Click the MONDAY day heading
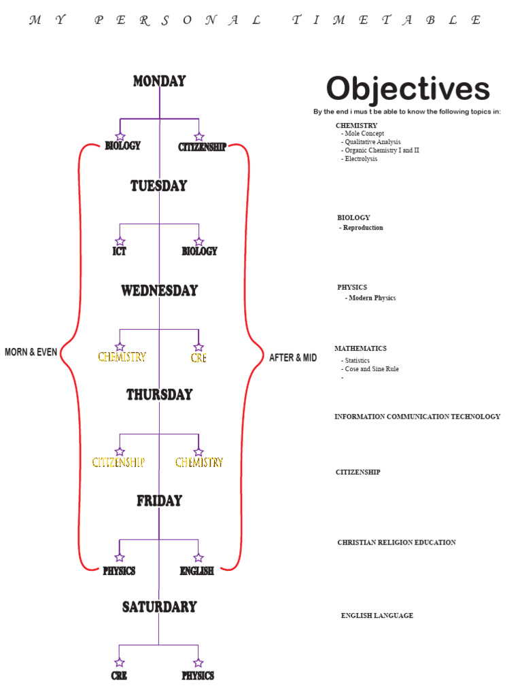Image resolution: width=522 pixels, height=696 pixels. point(159,82)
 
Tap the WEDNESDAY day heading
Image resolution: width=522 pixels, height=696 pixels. point(159,291)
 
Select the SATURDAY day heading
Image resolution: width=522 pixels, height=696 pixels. point(159,607)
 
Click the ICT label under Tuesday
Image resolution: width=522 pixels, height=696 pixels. point(120,251)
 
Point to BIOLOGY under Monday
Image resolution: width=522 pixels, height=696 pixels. point(122,146)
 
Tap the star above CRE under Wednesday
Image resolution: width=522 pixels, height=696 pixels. point(198,347)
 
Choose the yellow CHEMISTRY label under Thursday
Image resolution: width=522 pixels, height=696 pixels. point(198,463)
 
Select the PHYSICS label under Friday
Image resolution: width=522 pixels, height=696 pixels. point(119,571)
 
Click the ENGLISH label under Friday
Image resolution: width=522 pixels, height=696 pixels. point(197,571)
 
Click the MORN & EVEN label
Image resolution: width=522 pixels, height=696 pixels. point(31,353)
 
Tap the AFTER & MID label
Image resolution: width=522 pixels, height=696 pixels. point(293,358)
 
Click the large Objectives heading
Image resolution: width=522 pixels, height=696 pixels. point(407,89)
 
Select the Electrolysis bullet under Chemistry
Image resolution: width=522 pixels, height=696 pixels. point(362,159)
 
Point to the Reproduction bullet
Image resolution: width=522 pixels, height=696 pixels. point(362,228)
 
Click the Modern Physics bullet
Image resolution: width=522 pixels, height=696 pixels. point(371,298)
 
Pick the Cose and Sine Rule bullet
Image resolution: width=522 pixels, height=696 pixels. point(371,369)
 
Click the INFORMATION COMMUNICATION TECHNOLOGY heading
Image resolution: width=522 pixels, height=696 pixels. point(417,417)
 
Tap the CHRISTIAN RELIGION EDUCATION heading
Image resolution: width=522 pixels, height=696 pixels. point(396,542)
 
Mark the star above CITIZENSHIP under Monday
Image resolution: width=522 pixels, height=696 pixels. point(199,137)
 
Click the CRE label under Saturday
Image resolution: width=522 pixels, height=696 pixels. point(119,676)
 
